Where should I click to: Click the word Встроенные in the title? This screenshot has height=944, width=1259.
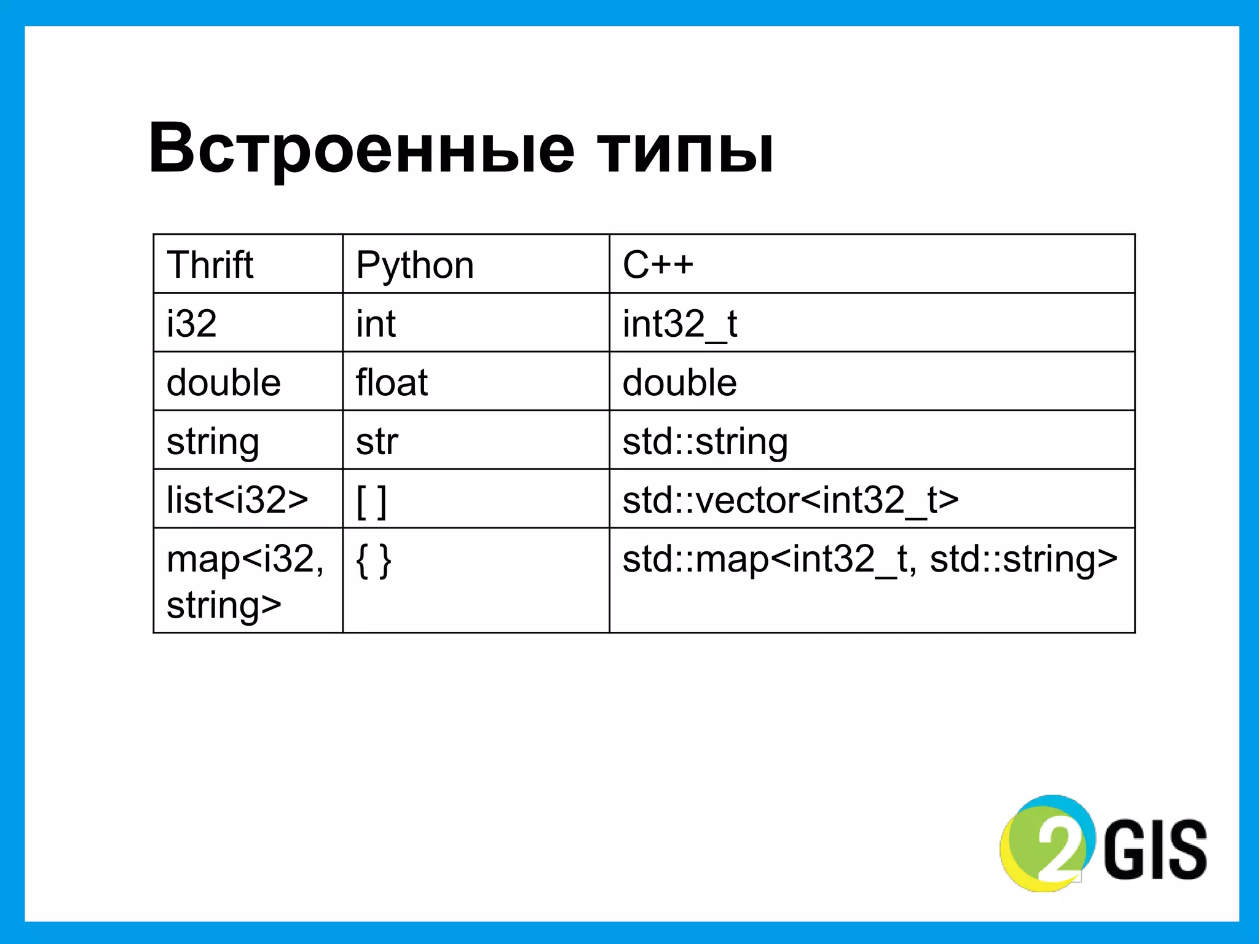coord(361,149)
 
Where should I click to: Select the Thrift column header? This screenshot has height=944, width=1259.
coord(210,265)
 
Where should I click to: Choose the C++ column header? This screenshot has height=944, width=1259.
coord(658,265)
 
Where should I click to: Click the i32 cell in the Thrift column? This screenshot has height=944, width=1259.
coord(192,324)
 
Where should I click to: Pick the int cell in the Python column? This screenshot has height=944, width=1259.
coord(376,324)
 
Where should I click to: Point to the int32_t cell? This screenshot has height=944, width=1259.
coord(679,324)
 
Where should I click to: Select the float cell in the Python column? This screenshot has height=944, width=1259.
coord(392,382)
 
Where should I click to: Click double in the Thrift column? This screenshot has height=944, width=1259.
coord(224,382)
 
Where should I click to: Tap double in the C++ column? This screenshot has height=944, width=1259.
coord(679,382)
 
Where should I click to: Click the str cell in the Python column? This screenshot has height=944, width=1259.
coord(377,441)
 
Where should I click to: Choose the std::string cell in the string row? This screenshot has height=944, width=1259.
coord(705,441)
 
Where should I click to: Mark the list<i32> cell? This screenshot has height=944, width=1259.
coord(237,500)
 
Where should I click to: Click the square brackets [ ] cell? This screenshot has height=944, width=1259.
coord(371,501)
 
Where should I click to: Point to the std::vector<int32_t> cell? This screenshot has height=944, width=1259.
coord(791,500)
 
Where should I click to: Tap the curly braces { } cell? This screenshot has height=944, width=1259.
coord(373,560)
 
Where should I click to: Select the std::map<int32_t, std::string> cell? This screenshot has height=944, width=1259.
coord(869,559)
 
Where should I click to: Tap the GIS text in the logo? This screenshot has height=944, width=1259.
coord(1155,849)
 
